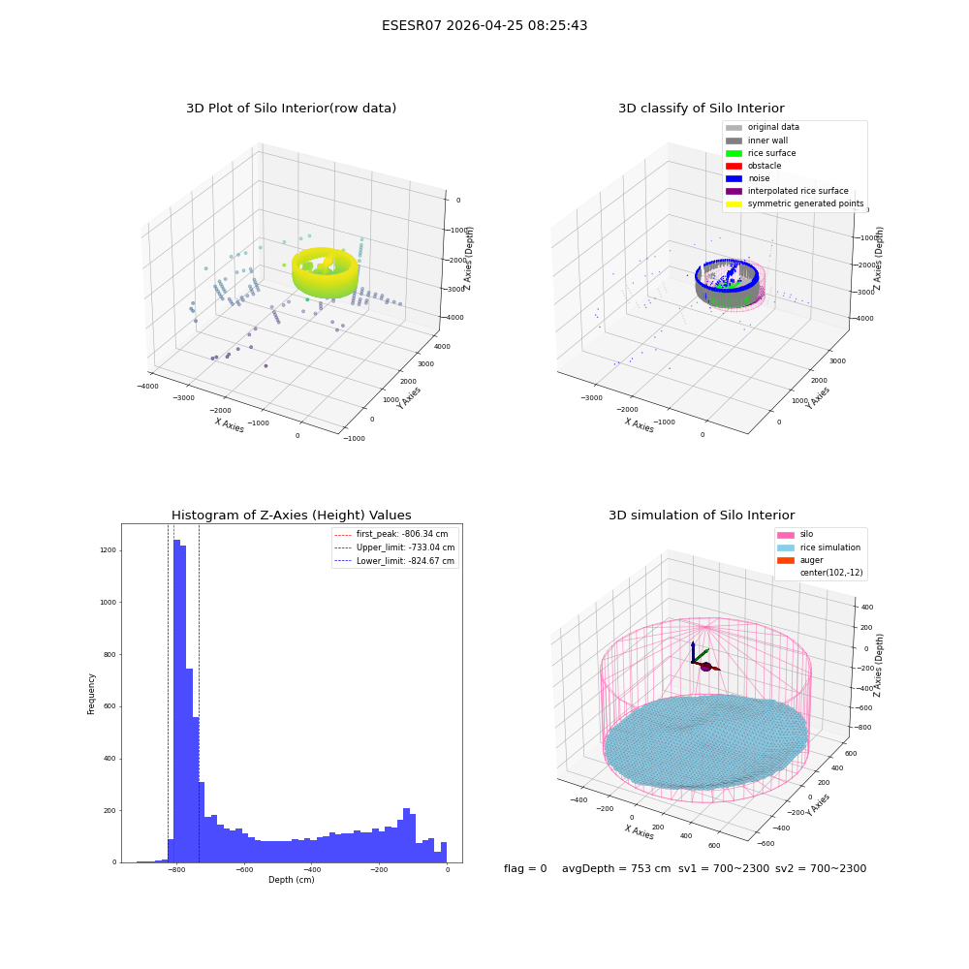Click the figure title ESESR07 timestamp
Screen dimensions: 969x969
tap(484, 25)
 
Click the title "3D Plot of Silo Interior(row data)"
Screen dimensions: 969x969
tap(291, 109)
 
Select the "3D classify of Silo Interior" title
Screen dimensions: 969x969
tap(702, 109)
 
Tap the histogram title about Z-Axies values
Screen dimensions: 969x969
tap(291, 515)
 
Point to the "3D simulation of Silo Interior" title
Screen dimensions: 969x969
tap(702, 515)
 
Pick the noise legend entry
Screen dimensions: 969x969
tap(748, 178)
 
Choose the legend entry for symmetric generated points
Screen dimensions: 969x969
tap(795, 203)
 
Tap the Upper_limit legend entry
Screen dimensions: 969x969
tap(394, 547)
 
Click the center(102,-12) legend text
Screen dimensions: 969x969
tap(831, 573)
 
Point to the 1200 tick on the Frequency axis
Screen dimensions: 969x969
tap(109, 550)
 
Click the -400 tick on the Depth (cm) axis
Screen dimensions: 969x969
tap(311, 869)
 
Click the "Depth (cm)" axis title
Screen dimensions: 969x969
tap(291, 880)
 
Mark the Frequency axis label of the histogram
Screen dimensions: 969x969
tap(91, 694)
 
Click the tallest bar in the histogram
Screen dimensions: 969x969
tap(176, 701)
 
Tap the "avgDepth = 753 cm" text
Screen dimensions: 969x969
tap(616, 868)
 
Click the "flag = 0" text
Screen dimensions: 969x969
tap(525, 868)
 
